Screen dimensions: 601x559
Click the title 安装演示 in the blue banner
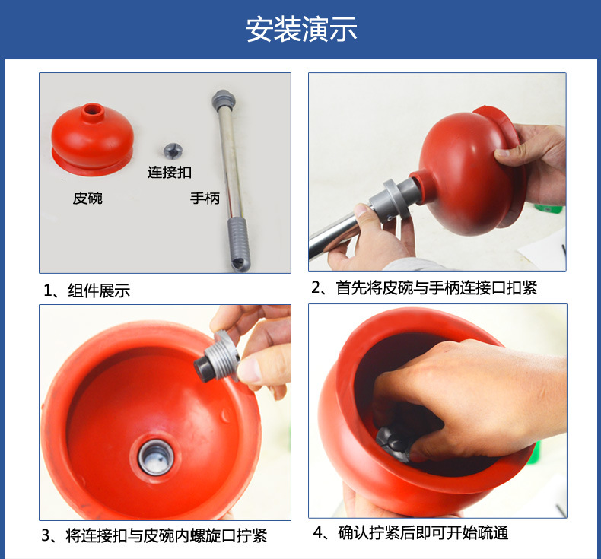click(301, 30)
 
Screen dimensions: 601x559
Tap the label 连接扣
click(170, 173)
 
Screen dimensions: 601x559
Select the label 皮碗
click(87, 198)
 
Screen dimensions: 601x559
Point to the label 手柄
click(205, 198)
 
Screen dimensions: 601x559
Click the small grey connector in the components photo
click(173, 151)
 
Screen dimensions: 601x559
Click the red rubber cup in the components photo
click(92, 139)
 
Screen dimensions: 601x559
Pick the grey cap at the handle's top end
click(224, 100)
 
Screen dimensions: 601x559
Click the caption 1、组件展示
click(87, 291)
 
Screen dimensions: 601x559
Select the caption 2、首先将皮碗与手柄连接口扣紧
click(424, 287)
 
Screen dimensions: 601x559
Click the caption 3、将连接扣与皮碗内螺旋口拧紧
click(154, 535)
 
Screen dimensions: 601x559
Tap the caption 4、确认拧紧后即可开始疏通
click(411, 533)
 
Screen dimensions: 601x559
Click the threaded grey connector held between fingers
click(218, 359)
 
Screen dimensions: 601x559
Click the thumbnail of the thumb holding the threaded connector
click(249, 369)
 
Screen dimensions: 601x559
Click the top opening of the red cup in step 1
click(92, 110)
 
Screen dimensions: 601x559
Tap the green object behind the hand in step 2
click(549, 208)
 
